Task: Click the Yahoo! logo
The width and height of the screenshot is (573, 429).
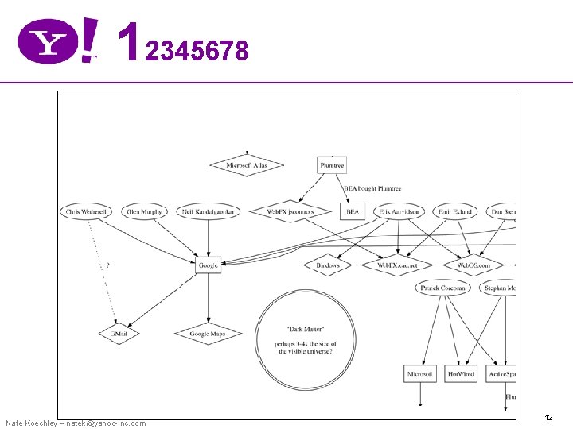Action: pos(58,41)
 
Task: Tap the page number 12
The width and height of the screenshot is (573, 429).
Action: pos(548,417)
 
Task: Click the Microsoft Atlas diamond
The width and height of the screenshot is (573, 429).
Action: pos(247,165)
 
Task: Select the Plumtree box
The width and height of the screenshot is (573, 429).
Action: pos(331,165)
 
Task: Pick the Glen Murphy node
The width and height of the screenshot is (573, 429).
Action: pos(144,211)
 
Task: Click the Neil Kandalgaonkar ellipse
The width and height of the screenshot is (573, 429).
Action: pos(209,211)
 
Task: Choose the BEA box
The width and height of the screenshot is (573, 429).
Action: pos(353,211)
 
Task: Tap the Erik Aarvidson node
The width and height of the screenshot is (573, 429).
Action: pos(398,211)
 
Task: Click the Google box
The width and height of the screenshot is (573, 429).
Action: pos(208,265)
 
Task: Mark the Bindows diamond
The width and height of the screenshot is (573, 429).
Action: pos(327,265)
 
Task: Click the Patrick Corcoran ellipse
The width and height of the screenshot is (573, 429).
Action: pos(442,288)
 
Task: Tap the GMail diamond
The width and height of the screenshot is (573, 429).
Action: pos(119,334)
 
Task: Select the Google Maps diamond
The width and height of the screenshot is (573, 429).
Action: pos(207,334)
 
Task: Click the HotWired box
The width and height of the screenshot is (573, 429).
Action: pos(461,373)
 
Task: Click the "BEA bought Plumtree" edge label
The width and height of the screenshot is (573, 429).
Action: pos(372,189)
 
